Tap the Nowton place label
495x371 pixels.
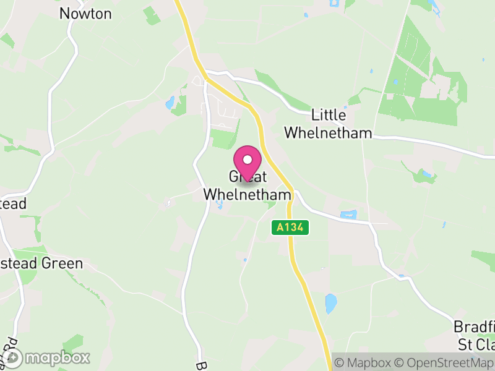(85, 14)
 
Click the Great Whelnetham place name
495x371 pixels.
(247, 185)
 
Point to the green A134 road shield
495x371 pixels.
(290, 228)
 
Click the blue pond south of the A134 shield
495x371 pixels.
(331, 303)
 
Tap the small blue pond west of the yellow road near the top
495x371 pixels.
(170, 103)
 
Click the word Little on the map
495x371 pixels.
(329, 115)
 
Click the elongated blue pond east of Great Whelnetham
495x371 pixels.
(348, 215)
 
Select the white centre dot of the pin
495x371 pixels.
(247, 160)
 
